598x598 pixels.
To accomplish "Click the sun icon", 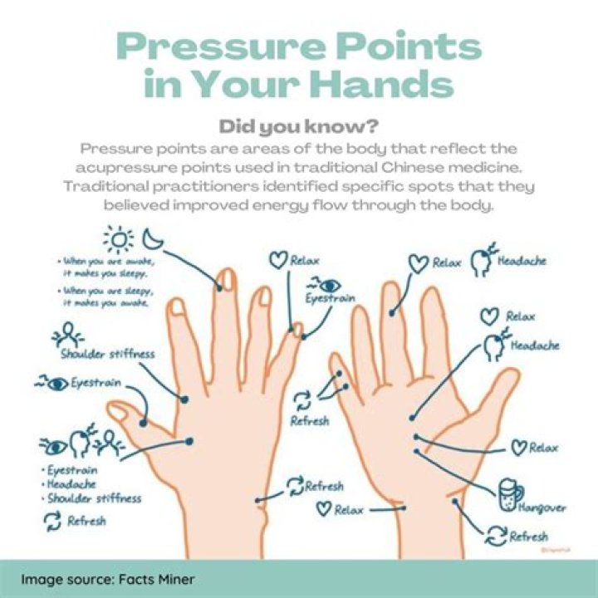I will (118, 240).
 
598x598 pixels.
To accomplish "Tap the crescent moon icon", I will (153, 239).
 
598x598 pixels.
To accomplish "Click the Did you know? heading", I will (298, 127).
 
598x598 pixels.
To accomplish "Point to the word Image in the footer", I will (42, 578).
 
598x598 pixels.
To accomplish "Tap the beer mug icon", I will (509, 490).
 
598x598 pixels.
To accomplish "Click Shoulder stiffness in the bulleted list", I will (94, 498).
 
